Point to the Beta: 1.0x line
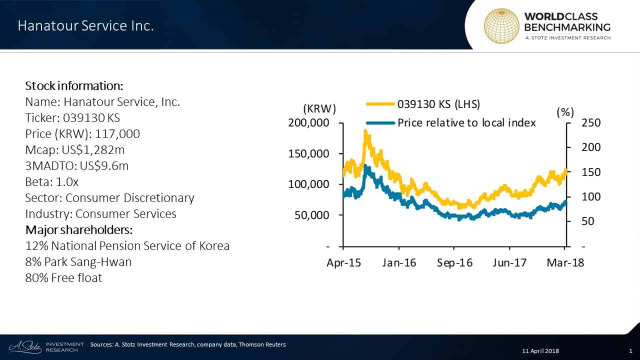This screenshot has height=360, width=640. (x=52, y=182)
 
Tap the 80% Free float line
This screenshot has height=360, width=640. (x=63, y=278)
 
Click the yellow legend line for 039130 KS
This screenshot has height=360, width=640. (x=380, y=104)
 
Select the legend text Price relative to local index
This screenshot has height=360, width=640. (x=466, y=122)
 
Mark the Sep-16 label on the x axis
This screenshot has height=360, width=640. (x=454, y=263)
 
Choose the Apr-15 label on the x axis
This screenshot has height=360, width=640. (x=343, y=263)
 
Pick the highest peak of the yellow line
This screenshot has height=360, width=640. (x=365, y=131)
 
